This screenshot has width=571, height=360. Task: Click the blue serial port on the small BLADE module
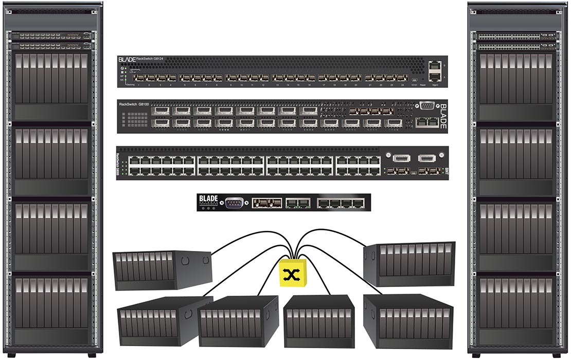(234, 202)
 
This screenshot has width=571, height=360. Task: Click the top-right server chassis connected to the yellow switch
(409, 264)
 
